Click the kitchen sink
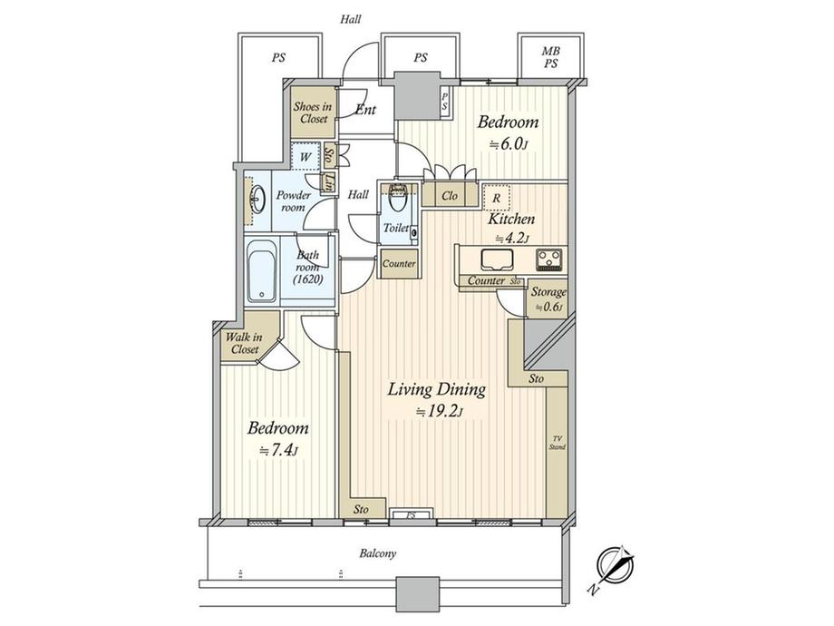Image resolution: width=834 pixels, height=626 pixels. pyautogui.click(x=497, y=260)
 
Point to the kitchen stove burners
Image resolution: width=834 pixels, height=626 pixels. pyautogui.click(x=549, y=260)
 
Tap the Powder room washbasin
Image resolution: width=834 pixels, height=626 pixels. pyautogui.click(x=257, y=199)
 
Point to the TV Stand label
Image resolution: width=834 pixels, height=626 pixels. pyautogui.click(x=557, y=445)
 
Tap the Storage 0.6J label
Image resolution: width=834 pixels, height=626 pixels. pyautogui.click(x=548, y=298)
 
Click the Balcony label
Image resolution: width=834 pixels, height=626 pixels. pyautogui.click(x=378, y=553)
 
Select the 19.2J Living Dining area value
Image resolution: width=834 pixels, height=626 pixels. pyautogui.click(x=438, y=411)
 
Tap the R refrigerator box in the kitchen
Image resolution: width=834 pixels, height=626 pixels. pyautogui.click(x=497, y=196)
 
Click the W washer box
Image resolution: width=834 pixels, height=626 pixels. pyautogui.click(x=305, y=154)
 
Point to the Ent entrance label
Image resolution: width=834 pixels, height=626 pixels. pyautogui.click(x=366, y=111)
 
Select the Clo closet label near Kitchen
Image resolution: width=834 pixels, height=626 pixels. pyautogui.click(x=448, y=195)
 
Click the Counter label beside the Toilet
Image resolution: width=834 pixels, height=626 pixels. pyautogui.click(x=398, y=264)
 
